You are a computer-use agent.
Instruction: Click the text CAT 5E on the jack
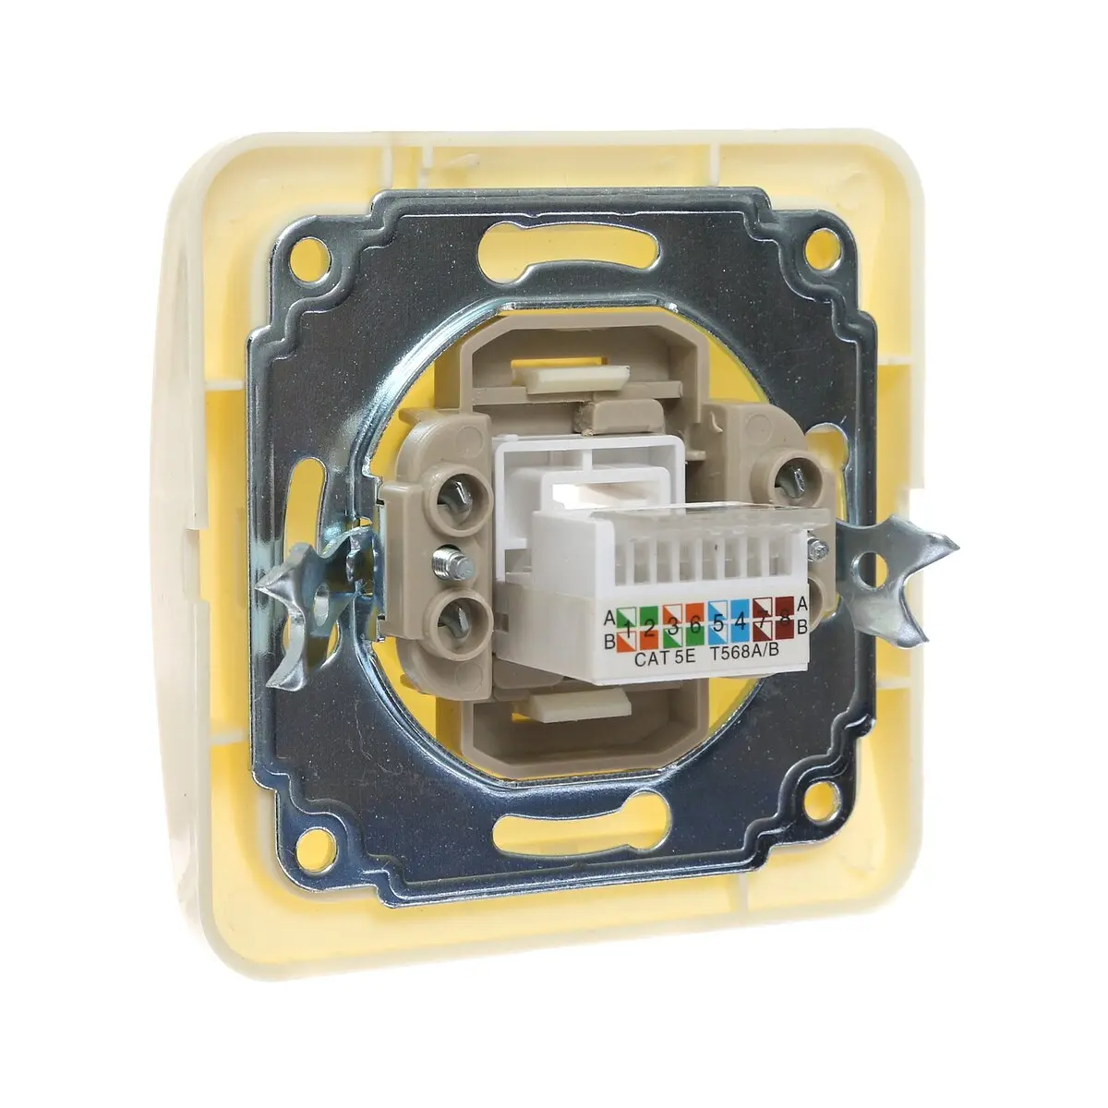point(665,658)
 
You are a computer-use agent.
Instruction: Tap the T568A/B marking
point(744,653)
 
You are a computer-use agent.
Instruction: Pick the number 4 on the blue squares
point(740,621)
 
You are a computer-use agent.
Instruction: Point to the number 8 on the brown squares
point(784,620)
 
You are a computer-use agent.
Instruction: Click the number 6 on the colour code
point(694,625)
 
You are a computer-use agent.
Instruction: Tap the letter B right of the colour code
point(802,627)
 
